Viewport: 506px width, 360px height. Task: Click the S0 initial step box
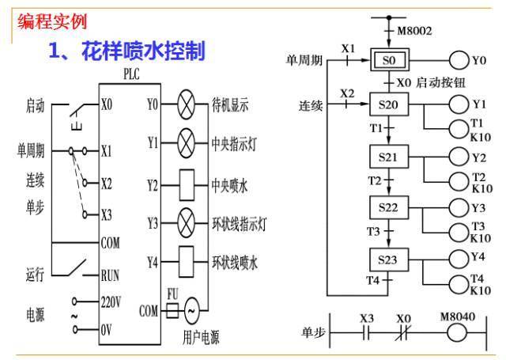pos(388,59)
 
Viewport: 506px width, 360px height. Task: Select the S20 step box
pos(387,104)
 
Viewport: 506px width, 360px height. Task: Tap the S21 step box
pos(387,157)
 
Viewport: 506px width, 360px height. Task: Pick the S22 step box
pos(387,207)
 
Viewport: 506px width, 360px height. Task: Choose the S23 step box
pos(387,259)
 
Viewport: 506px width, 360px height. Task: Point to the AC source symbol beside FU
pos(192,310)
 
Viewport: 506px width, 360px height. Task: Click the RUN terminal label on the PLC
pos(110,276)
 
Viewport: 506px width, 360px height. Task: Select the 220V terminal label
pos(111,302)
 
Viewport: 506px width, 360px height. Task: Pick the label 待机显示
pos(230,104)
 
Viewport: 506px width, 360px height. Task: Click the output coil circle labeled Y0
pos(459,59)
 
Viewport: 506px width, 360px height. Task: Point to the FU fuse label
pos(174,294)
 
